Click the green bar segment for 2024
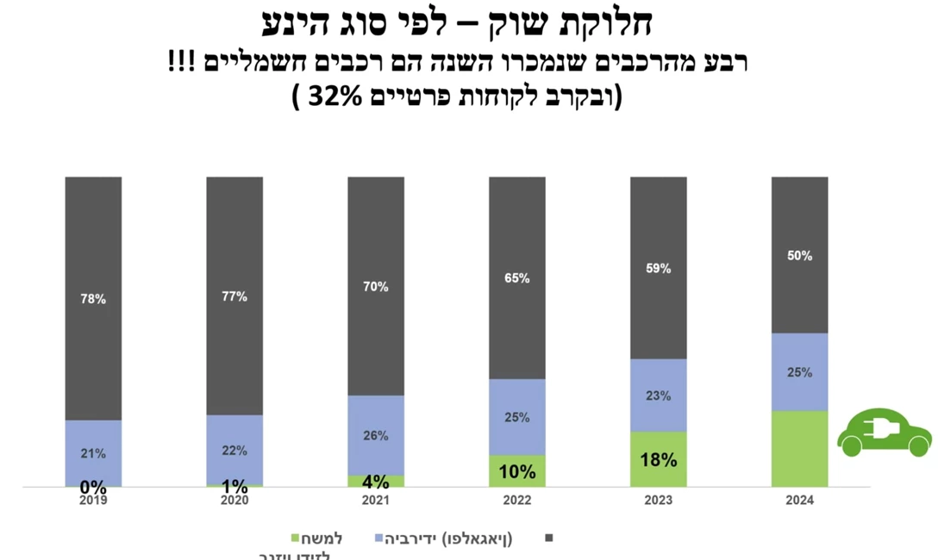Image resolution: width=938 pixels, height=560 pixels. click(799, 449)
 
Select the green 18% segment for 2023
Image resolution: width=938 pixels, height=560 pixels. click(658, 459)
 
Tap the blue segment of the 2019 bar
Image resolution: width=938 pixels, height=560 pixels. click(93, 452)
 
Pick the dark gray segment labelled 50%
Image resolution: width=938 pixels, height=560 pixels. click(799, 255)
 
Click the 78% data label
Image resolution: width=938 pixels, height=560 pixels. click(93, 299)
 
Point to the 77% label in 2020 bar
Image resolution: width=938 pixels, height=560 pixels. click(234, 296)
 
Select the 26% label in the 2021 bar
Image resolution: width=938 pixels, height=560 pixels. click(376, 436)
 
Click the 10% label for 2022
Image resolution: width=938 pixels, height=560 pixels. click(517, 471)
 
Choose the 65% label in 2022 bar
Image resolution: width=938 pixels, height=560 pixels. click(517, 278)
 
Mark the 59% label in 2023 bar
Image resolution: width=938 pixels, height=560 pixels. click(658, 268)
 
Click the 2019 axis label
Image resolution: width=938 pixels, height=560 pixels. click(93, 500)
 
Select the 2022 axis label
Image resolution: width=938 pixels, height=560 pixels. click(517, 500)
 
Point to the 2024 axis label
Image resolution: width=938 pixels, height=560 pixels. click(799, 500)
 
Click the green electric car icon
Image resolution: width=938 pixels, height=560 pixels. click(884, 432)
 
